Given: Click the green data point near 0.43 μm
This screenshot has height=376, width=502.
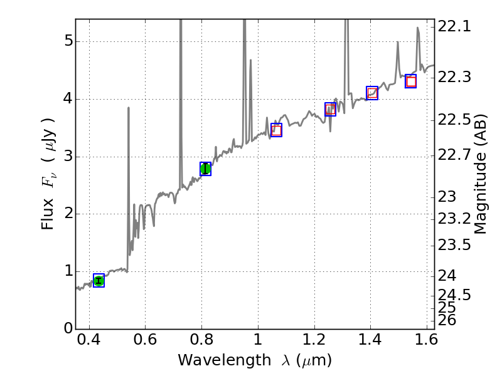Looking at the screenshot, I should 99,281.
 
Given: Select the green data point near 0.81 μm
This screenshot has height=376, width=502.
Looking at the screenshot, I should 205,169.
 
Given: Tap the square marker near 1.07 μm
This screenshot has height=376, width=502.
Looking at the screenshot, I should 276,130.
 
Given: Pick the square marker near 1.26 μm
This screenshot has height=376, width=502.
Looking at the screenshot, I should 330,109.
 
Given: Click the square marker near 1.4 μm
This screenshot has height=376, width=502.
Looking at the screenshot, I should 372,93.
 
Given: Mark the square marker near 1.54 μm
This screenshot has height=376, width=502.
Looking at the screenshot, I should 411,81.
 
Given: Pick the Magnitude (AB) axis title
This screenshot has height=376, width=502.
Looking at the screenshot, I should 481,174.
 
